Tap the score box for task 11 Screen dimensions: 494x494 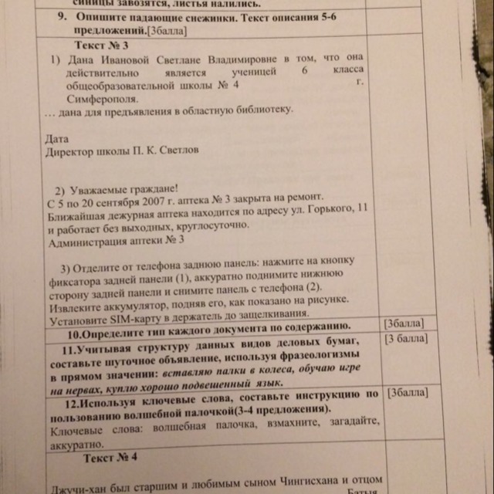(408, 340)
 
